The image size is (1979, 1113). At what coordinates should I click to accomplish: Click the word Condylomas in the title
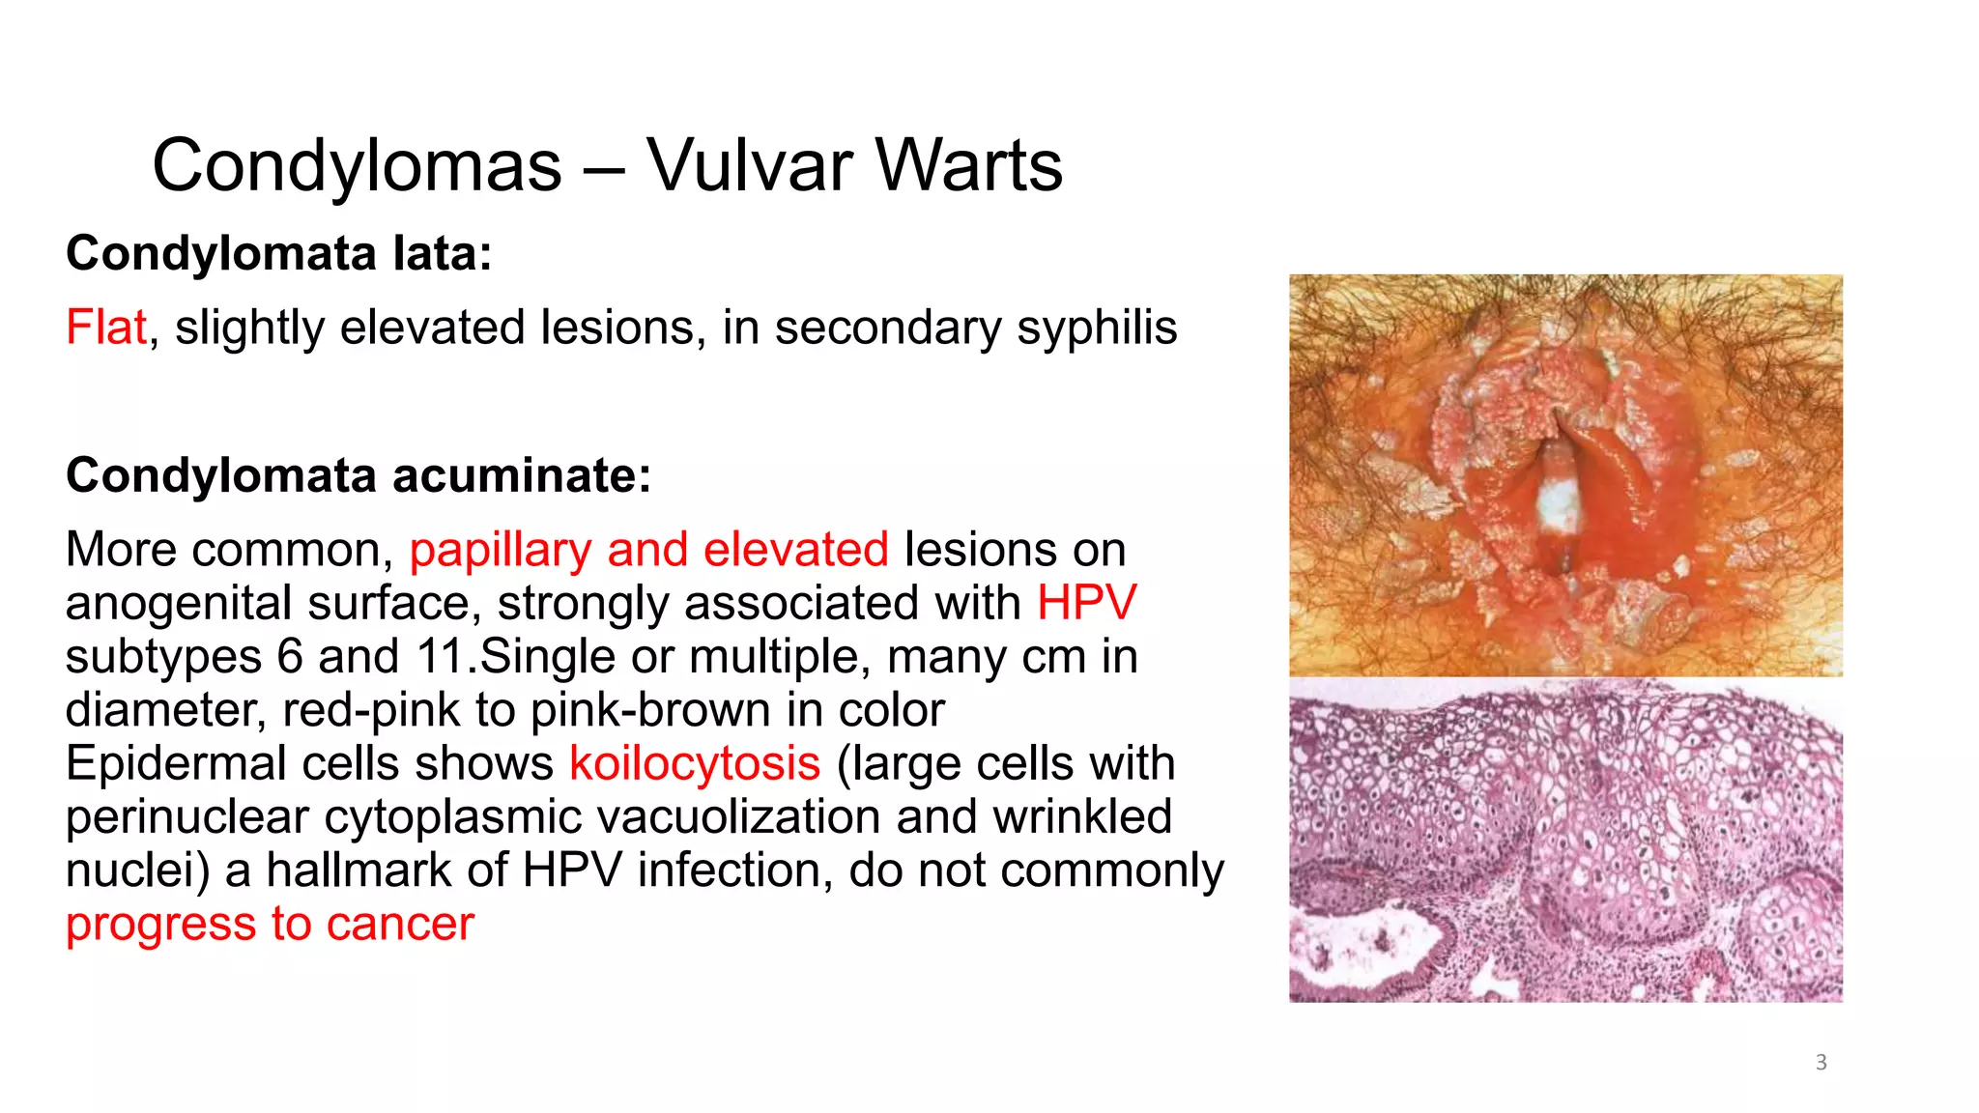click(357, 166)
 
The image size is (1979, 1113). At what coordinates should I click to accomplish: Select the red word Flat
click(106, 328)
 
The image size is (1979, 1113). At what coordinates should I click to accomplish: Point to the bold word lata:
click(442, 254)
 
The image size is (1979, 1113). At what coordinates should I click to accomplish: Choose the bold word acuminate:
click(522, 475)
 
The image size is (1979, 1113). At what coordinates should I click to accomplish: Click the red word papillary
click(500, 551)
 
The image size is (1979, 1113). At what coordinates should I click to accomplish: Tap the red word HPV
click(1086, 604)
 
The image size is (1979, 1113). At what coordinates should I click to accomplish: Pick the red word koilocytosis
click(695, 764)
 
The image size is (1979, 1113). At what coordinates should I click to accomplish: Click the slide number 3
click(1821, 1063)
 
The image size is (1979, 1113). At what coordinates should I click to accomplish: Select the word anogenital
click(179, 604)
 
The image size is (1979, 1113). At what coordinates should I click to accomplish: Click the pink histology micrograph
click(1565, 841)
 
